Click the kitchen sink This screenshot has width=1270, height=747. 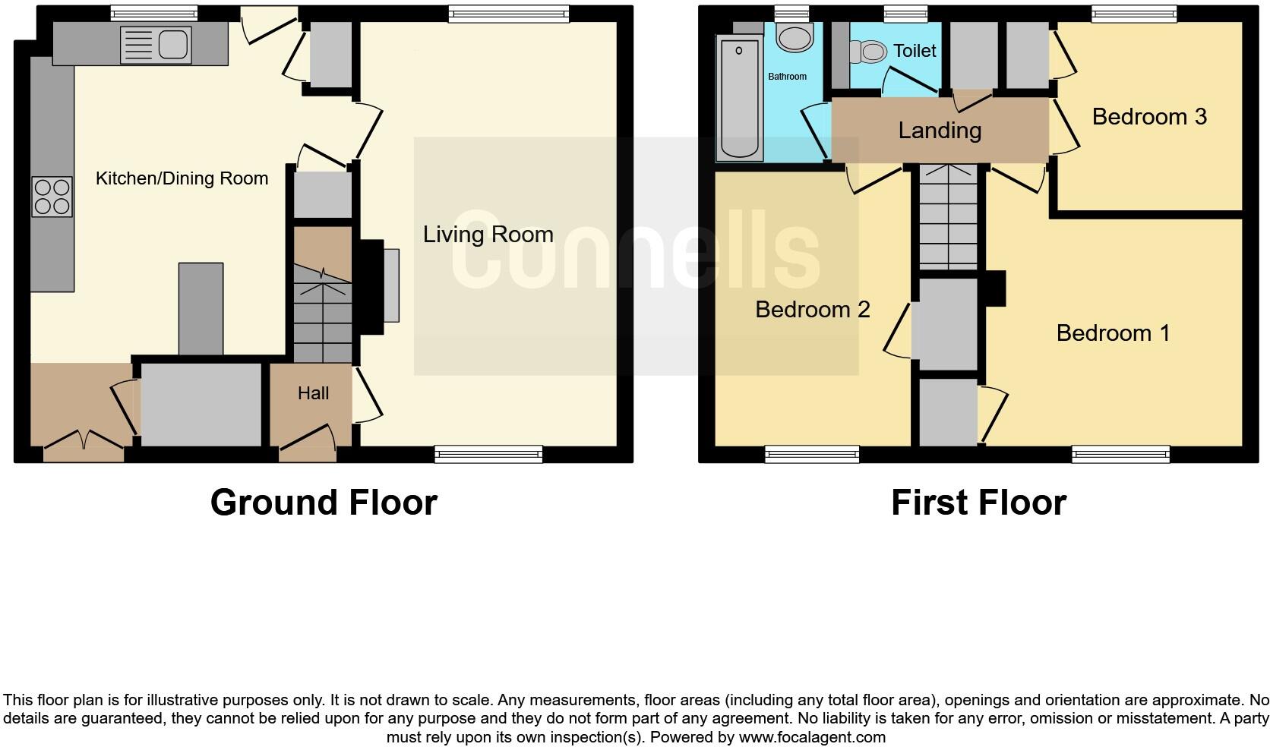coord(156,44)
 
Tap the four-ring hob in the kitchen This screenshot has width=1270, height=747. coord(52,197)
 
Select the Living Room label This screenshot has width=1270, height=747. coord(488,235)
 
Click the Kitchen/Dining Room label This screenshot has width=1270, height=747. coord(182,178)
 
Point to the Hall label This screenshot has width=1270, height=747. coord(313,393)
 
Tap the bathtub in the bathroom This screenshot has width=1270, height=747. coord(740,99)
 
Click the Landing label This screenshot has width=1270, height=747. coord(940,131)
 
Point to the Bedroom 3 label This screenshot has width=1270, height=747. coord(1148,117)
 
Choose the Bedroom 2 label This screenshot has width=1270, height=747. coord(812,310)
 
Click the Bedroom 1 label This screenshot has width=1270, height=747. coord(1113,333)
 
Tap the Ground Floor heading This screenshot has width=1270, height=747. coord(324,503)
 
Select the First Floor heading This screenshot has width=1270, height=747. coord(978,503)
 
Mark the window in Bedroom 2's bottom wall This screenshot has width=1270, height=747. coord(812,454)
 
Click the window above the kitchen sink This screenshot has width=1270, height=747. coord(153,13)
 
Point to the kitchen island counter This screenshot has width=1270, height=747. coord(201,308)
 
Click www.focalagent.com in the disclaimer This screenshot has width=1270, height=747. coord(812,737)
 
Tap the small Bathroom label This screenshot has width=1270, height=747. coord(787,77)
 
